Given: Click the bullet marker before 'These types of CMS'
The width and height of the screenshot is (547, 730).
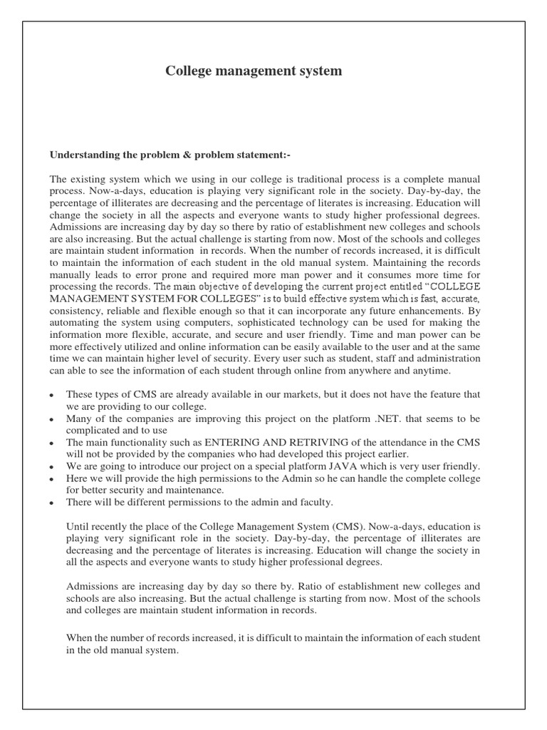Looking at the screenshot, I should (52, 395).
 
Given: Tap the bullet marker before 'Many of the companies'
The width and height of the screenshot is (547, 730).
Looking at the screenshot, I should (52, 418).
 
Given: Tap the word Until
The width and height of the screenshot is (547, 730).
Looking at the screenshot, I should (78, 527).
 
